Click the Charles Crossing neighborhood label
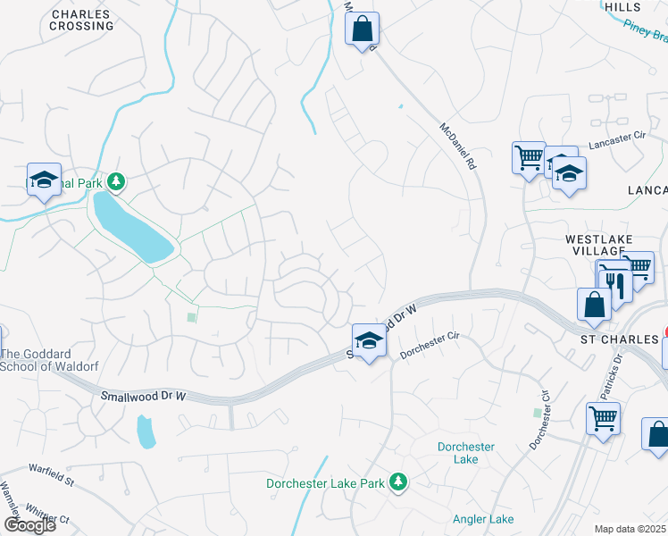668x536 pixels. click(x=82, y=20)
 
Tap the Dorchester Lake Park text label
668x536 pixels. click(x=325, y=483)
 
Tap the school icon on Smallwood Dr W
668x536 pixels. click(x=368, y=339)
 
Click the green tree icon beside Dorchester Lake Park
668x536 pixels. click(x=398, y=483)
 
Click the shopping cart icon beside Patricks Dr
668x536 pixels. click(x=603, y=417)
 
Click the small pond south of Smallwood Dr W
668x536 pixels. click(x=146, y=431)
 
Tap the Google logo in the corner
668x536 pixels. click(x=29, y=525)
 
